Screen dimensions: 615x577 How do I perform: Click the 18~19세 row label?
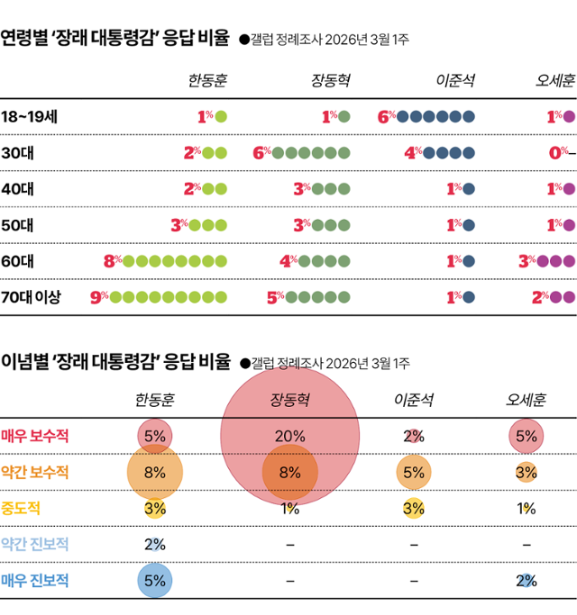[31, 116]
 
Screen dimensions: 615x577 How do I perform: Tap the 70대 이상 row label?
[32, 296]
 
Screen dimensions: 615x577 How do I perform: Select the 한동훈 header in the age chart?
[207, 81]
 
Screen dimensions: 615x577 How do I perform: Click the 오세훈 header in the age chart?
[555, 81]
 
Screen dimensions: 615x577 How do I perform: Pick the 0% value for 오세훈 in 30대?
[558, 152]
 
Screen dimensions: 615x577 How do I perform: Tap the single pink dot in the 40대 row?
[570, 188]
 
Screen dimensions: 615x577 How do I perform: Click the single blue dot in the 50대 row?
[469, 224]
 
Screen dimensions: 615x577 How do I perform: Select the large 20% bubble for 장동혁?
[290, 436]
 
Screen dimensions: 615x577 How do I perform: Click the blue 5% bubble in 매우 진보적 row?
[154, 580]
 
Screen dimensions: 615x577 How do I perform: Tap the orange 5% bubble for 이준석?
[414, 472]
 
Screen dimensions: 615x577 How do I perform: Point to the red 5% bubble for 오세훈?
[527, 436]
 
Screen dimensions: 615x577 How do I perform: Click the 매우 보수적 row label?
[35, 436]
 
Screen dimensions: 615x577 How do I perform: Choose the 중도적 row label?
[21, 508]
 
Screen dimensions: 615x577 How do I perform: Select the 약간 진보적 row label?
[35, 544]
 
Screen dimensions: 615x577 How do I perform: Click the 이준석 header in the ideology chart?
[414, 400]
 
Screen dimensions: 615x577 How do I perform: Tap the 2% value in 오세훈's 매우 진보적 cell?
[527, 580]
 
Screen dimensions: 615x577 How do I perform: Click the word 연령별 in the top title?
[23, 39]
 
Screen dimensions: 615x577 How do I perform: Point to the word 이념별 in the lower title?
[23, 363]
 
